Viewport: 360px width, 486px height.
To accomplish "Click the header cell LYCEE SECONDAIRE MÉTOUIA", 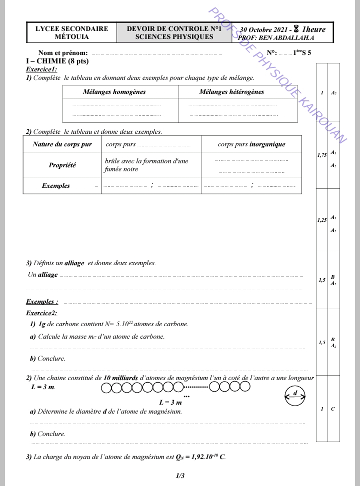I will [x=71, y=33].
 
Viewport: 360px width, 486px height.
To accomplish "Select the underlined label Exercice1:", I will [x=41, y=69].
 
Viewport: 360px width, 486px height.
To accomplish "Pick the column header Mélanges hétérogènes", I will [x=231, y=92].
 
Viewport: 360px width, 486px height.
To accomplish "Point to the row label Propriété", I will [x=62, y=165].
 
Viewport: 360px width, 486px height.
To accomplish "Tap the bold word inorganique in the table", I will [x=267, y=144].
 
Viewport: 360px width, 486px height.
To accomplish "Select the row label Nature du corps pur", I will [x=62, y=144].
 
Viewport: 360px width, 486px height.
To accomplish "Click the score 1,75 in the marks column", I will [x=322, y=156].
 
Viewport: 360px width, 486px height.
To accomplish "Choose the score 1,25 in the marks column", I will [x=322, y=220].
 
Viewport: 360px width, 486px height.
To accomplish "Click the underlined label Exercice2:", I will [x=41, y=313].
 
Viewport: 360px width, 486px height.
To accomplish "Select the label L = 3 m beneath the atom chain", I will [x=170, y=402].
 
